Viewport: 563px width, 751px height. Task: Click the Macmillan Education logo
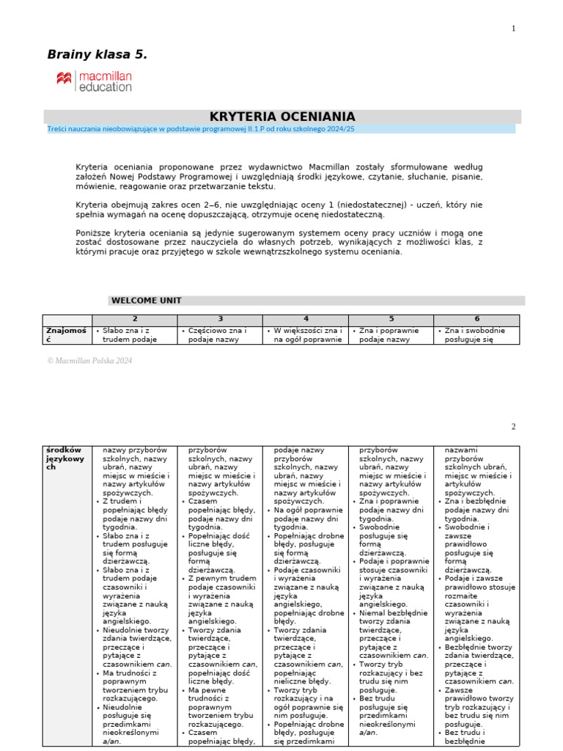(x=94, y=81)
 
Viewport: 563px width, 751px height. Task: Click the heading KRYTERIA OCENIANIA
(x=282, y=117)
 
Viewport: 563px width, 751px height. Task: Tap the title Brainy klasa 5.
(x=97, y=54)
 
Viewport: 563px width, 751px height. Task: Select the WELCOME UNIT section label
(x=146, y=300)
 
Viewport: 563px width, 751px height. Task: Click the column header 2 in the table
(x=135, y=319)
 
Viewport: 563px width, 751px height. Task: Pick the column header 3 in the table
(x=220, y=319)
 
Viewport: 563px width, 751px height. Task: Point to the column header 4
(x=306, y=319)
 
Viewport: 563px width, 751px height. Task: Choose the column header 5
(x=391, y=319)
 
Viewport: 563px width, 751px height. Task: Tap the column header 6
(x=476, y=319)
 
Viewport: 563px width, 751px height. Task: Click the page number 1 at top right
(x=513, y=29)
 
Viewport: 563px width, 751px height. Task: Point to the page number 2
(x=513, y=427)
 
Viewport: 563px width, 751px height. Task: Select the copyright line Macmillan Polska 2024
(x=89, y=361)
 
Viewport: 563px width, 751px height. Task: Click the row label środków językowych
(x=64, y=458)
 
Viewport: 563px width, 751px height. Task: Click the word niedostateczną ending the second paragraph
(x=349, y=214)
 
